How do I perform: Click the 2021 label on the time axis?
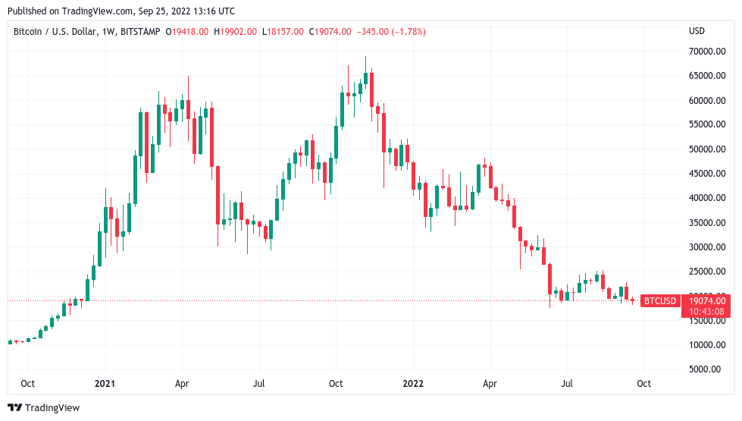[105, 383]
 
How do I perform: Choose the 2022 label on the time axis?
[413, 383]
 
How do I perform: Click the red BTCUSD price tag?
[659, 301]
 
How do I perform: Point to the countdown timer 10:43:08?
[706, 311]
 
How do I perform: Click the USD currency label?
[697, 31]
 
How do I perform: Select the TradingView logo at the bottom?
[43, 408]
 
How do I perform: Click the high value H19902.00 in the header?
[239, 32]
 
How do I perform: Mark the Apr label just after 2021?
[182, 383]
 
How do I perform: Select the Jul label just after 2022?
[567, 383]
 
